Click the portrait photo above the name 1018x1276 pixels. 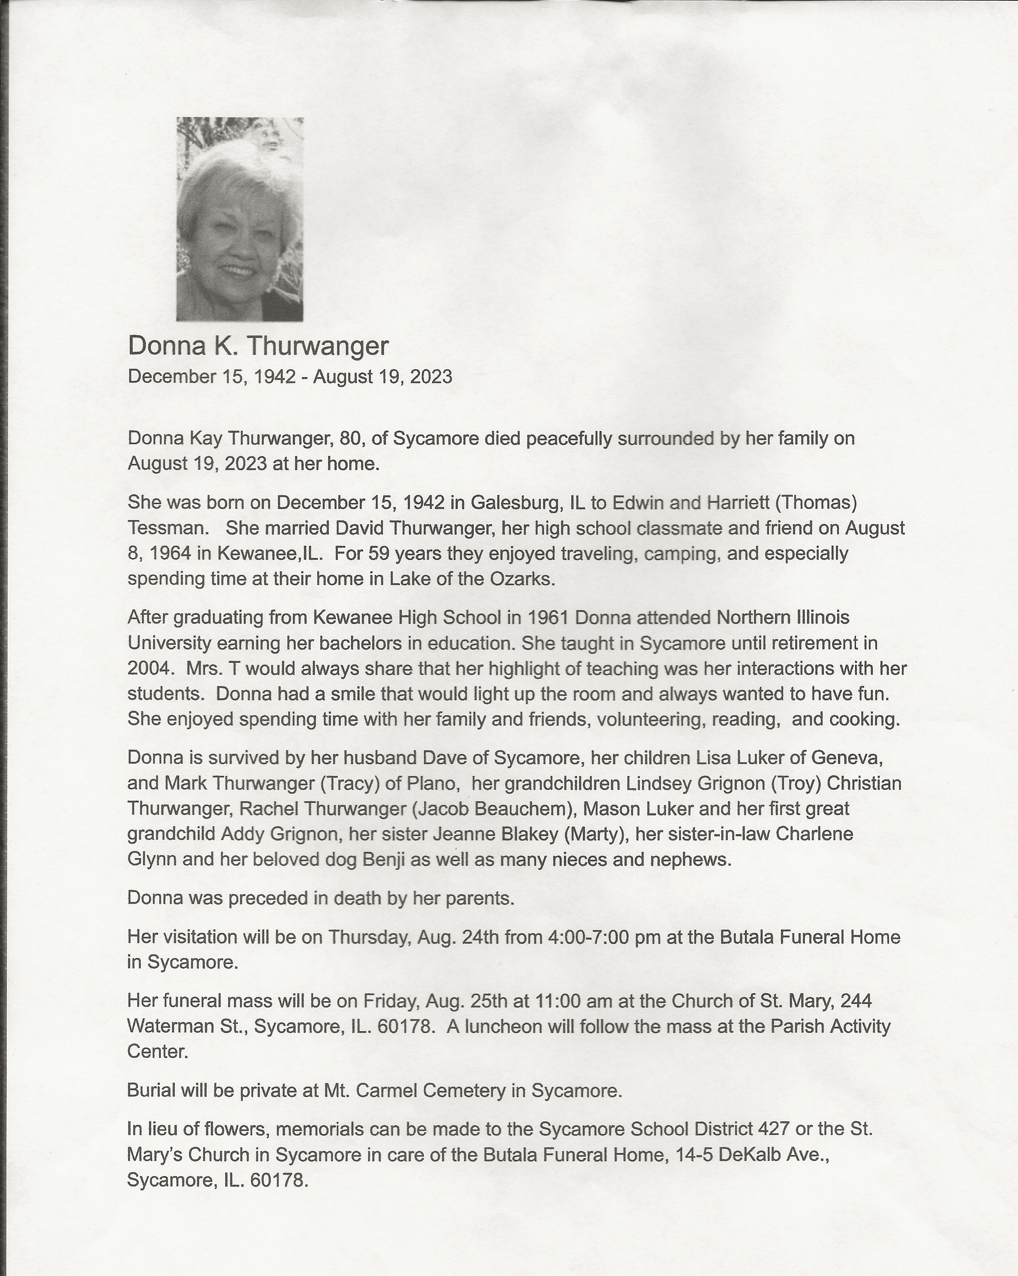(x=240, y=219)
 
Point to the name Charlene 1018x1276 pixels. (x=814, y=834)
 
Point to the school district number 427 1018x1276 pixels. (x=772, y=1129)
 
